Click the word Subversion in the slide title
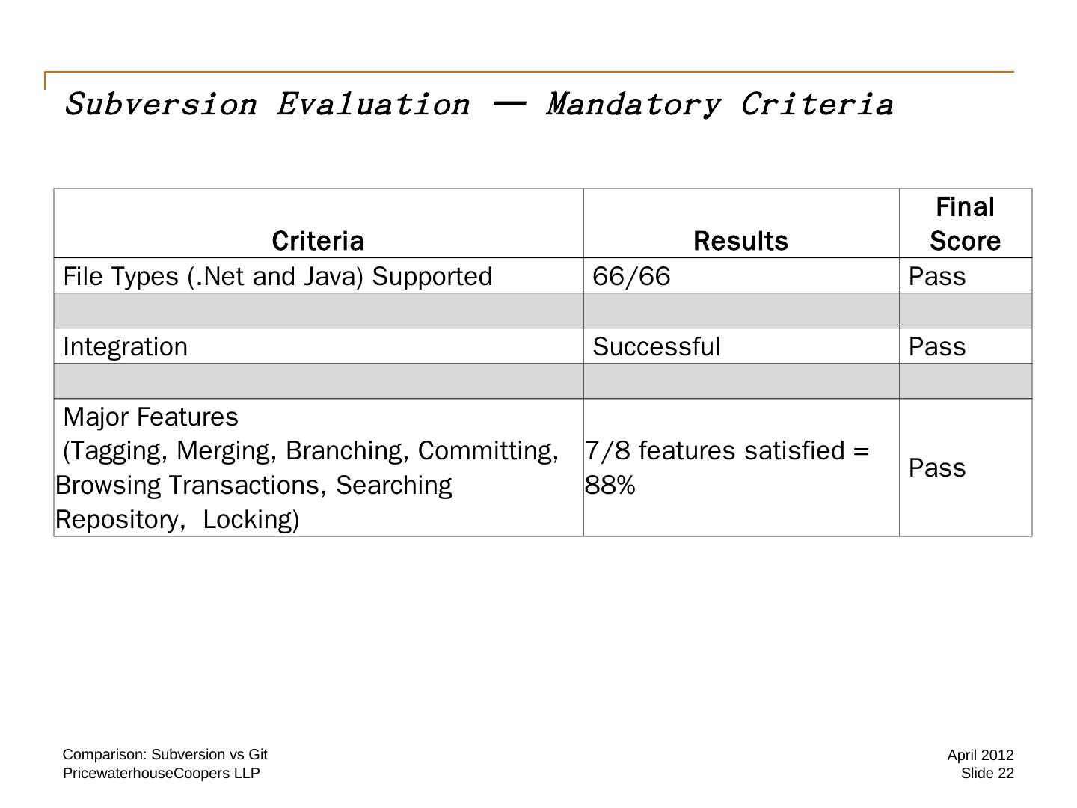click(161, 104)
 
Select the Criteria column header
click(318, 241)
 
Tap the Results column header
click(740, 241)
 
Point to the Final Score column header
click(965, 224)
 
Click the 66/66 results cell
click(631, 276)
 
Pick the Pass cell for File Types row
click(936, 276)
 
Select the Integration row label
click(126, 346)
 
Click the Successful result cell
click(656, 346)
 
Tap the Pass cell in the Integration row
click(936, 346)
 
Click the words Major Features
click(150, 417)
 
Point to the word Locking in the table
click(251, 519)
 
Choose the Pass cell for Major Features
click(936, 468)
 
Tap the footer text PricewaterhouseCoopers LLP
click(161, 773)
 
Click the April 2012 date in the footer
click(980, 755)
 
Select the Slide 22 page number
click(987, 773)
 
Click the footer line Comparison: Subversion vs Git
click(165, 754)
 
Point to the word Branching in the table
click(348, 450)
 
